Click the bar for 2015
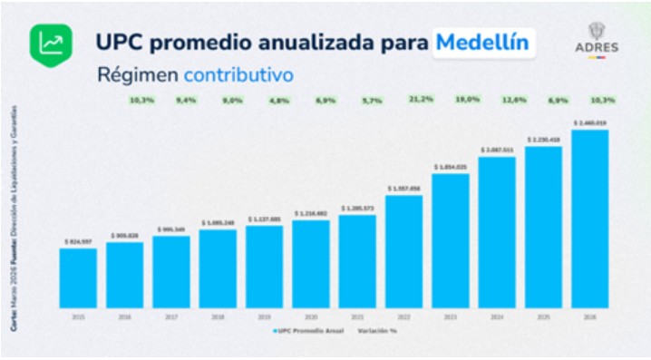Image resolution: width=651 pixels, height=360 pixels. click(78, 277)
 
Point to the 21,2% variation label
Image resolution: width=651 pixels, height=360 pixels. click(421, 98)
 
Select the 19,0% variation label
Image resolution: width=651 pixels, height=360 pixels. click(467, 98)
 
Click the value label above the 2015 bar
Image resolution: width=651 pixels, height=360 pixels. click(78, 242)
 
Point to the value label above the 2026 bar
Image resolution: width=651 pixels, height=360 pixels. click(589, 122)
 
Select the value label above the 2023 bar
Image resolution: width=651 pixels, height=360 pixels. click(450, 167)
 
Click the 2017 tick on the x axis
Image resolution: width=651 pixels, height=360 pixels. click(171, 316)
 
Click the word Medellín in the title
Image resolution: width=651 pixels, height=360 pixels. click(482, 43)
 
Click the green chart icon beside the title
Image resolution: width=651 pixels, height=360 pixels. click(52, 43)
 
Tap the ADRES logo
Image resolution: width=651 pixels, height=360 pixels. click(597, 40)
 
